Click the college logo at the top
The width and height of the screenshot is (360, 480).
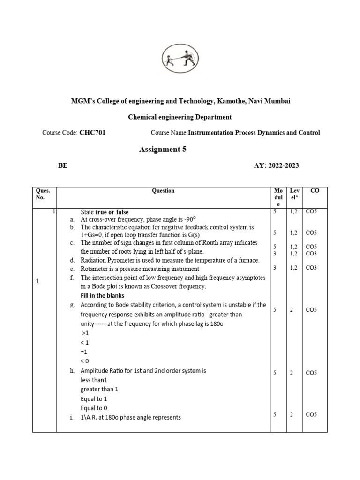(180, 60)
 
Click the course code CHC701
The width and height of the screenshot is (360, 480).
(92, 133)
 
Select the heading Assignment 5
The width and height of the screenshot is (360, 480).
(166, 150)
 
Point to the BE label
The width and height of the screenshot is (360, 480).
(62, 165)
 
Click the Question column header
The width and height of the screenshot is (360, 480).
(163, 191)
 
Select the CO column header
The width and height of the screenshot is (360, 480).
(315, 191)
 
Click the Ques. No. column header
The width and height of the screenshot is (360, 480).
(43, 194)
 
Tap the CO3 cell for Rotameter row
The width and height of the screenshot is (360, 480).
(311, 268)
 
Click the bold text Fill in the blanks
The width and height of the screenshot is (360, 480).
(102, 295)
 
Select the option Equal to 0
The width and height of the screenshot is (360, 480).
(94, 408)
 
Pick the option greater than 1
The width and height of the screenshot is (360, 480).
(99, 389)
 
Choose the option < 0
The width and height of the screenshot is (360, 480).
(84, 361)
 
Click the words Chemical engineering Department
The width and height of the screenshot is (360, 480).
(180, 117)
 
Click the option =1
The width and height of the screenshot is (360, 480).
(84, 352)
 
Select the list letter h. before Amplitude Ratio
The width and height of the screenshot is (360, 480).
(72, 371)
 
